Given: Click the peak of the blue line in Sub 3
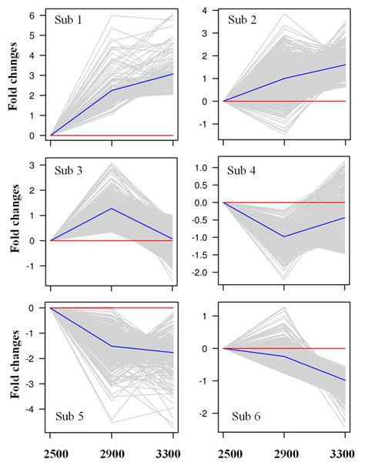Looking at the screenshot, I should pos(112,209).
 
